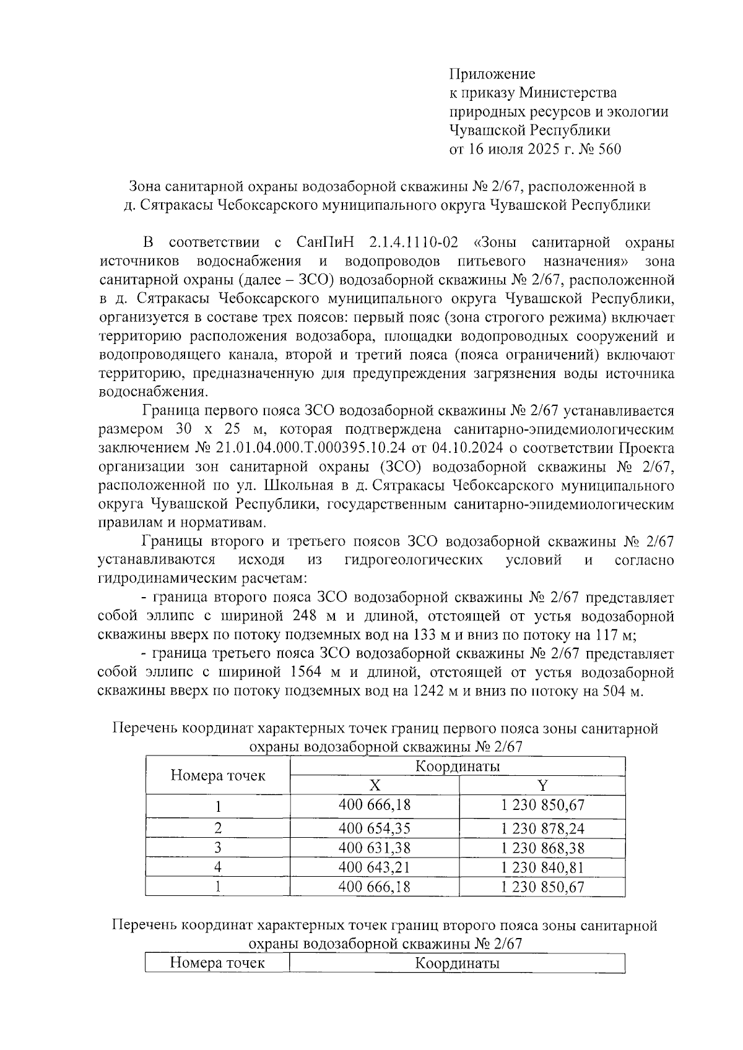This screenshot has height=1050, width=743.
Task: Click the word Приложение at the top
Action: click(492, 74)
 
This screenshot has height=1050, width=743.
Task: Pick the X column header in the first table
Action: click(375, 785)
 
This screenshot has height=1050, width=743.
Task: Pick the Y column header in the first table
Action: click(542, 785)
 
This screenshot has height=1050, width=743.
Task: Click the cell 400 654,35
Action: click(375, 828)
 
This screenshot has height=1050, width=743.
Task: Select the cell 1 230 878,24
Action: click(542, 828)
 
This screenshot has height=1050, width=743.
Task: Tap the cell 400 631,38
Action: click(375, 847)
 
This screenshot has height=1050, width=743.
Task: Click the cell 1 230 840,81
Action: click(542, 867)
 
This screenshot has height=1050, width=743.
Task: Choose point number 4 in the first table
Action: click(217, 867)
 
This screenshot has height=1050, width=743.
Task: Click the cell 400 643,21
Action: click(375, 867)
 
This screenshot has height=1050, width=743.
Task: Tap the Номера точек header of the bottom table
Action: click(217, 963)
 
